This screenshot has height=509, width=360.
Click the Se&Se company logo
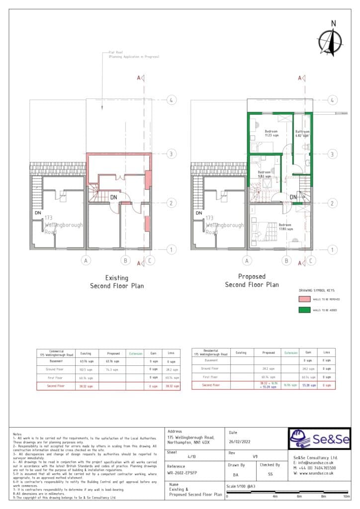[x=319, y=439]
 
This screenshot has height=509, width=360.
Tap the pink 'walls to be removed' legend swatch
[x=304, y=299]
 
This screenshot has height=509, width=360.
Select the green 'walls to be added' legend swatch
[x=304, y=310]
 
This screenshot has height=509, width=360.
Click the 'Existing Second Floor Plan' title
[x=116, y=282]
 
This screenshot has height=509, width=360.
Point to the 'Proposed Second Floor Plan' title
[x=252, y=280]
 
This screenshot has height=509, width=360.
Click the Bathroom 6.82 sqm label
[x=303, y=134]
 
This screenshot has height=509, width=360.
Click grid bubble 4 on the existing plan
[x=171, y=100]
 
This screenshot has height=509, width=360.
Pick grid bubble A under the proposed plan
[x=246, y=260]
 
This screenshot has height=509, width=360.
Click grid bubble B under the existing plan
[x=126, y=260]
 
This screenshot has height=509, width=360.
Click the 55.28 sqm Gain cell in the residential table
[x=307, y=385]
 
